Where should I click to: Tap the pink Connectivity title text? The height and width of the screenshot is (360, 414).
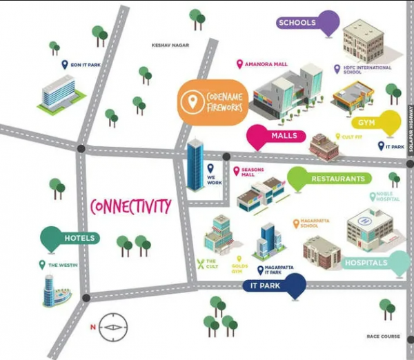[x=130, y=206]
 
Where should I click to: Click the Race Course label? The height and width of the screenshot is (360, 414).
[x=384, y=337]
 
